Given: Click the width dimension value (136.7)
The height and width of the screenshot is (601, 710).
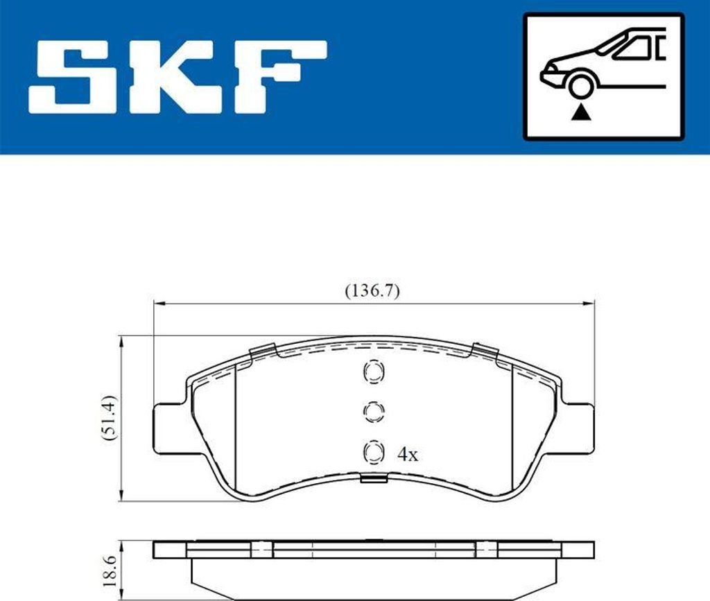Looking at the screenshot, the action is click(372, 291).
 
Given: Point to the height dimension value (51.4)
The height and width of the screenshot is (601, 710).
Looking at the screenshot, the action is click(109, 418).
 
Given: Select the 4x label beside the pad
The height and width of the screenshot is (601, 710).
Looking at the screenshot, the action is click(408, 454).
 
